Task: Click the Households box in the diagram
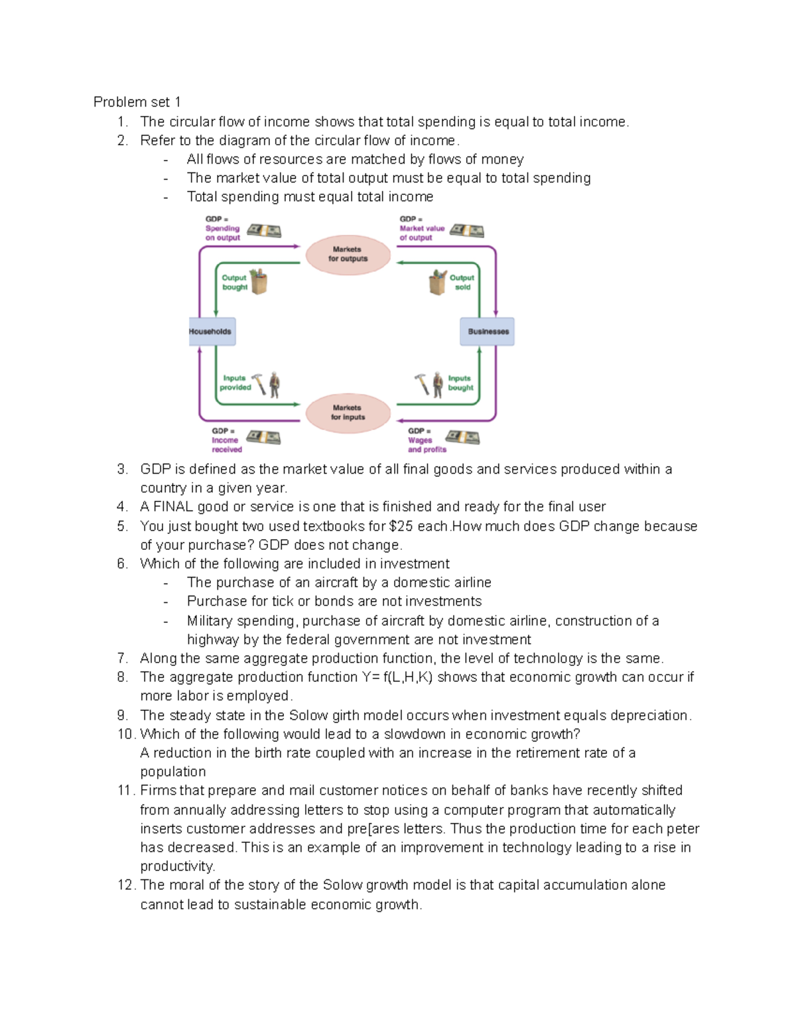[211, 332]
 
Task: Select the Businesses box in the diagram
[488, 332]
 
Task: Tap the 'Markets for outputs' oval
[348, 255]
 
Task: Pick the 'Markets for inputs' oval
[348, 413]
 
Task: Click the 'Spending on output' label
[222, 233]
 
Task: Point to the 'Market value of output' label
[421, 233]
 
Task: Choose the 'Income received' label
[226, 444]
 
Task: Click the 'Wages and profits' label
[426, 444]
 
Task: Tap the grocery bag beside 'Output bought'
[259, 282]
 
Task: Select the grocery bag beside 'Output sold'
[438, 283]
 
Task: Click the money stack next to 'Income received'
[263, 438]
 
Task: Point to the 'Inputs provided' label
[235, 383]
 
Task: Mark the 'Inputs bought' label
[460, 383]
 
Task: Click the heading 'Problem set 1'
[137, 102]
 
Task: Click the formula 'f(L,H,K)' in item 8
[408, 677]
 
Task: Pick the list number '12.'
[127, 885]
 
